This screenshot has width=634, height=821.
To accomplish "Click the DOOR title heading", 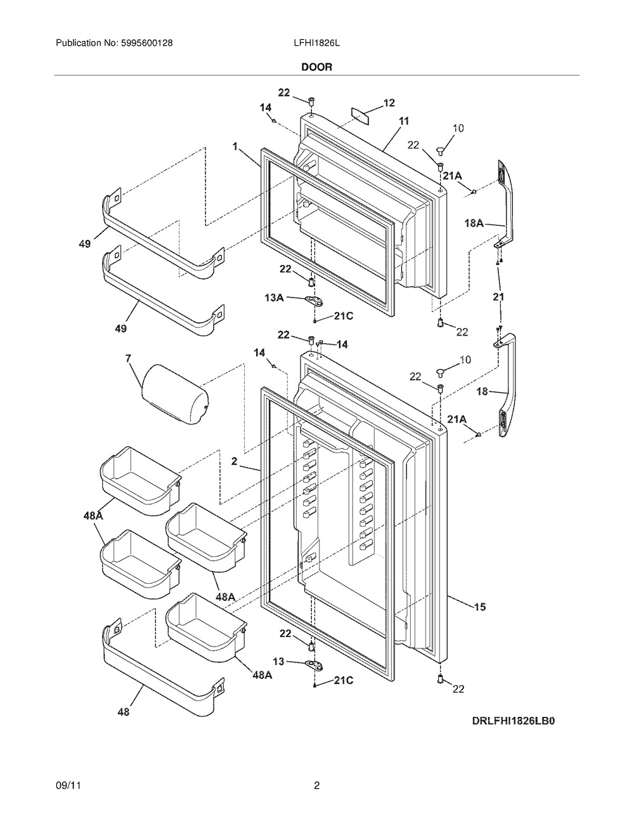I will [x=316, y=67].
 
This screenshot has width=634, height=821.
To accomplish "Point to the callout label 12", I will [x=389, y=103].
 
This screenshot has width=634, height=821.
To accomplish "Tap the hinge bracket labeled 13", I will [x=313, y=665].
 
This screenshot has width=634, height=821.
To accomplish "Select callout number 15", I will [x=480, y=607].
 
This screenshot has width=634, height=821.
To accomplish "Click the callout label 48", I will [x=123, y=712].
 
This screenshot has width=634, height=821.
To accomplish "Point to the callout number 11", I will [x=404, y=121].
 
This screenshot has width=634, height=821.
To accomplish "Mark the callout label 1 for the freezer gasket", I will [x=235, y=147].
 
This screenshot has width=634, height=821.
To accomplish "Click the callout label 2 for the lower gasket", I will [x=234, y=463].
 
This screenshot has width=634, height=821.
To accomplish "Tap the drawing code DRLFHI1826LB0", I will [x=517, y=721].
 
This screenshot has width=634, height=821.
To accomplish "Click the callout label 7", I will [x=129, y=358].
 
